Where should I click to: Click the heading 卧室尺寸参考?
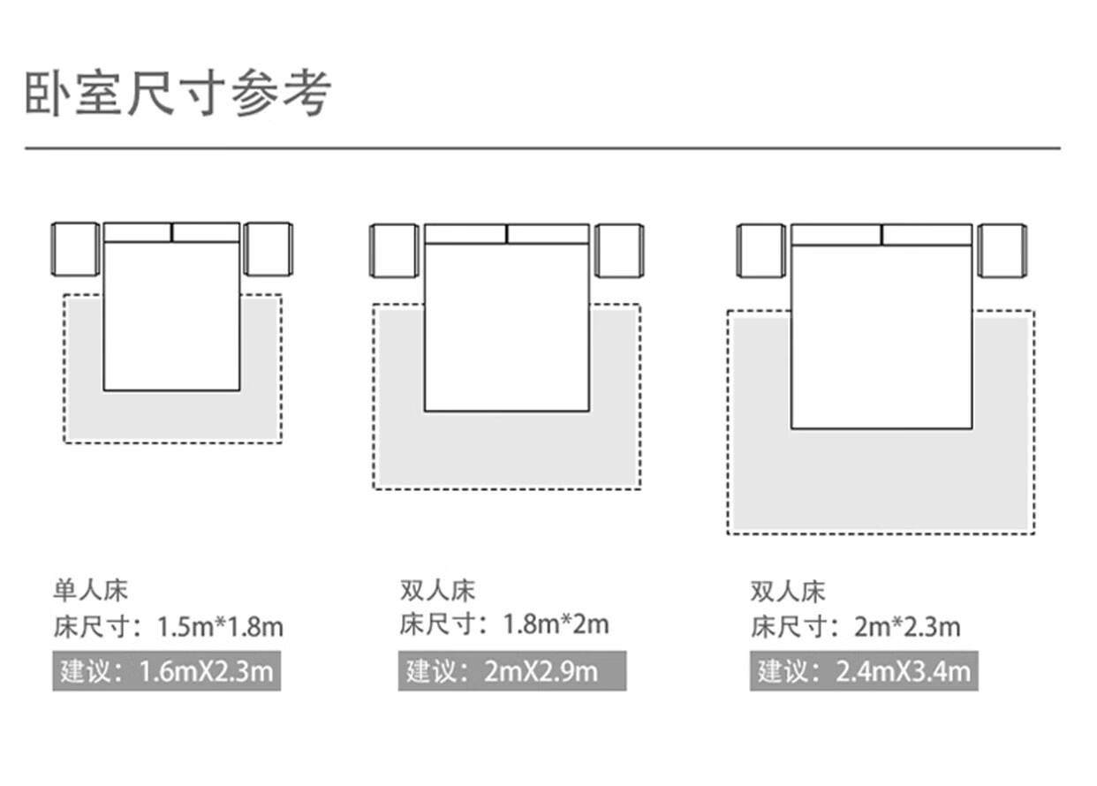(x=178, y=93)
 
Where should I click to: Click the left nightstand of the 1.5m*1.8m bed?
(x=75, y=249)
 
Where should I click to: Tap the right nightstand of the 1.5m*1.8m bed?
(x=268, y=249)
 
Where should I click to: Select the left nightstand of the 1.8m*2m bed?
(x=394, y=251)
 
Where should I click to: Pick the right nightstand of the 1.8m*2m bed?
(x=618, y=251)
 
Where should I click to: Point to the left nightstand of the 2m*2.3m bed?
(x=760, y=251)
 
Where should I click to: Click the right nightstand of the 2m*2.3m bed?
(x=1003, y=251)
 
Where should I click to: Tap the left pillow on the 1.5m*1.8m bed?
(x=138, y=233)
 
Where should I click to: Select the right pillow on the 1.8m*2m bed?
(x=548, y=234)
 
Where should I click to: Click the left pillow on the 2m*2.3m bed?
(x=836, y=235)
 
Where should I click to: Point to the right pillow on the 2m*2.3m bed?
(x=927, y=235)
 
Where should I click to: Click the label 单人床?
(x=90, y=590)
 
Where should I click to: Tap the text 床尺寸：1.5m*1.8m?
(x=168, y=628)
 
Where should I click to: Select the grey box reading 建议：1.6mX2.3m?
(x=166, y=672)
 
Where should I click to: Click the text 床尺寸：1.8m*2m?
(x=504, y=625)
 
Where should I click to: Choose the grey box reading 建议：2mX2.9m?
(x=511, y=671)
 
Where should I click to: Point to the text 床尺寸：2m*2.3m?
(x=855, y=628)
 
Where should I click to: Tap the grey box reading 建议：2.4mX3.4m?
(x=863, y=672)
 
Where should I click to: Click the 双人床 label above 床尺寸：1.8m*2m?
(x=437, y=590)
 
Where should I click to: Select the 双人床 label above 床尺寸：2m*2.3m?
(x=788, y=590)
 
